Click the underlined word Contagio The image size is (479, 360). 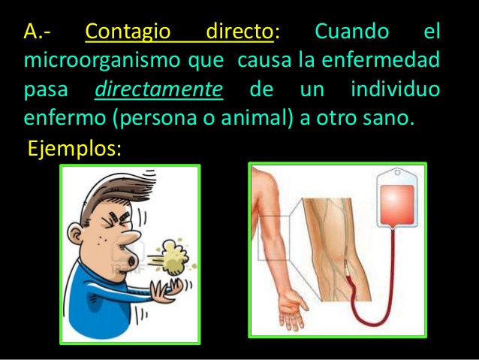click(x=129, y=32)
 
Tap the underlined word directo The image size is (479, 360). click(x=238, y=32)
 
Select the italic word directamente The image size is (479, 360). click(x=158, y=90)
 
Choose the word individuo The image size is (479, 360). click(x=395, y=90)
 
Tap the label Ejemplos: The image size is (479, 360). click(x=74, y=148)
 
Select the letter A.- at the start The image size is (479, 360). click(x=37, y=32)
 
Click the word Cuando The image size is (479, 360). click(x=352, y=32)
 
